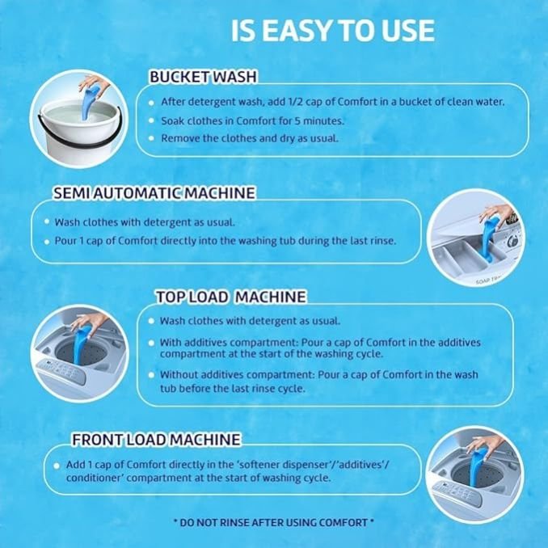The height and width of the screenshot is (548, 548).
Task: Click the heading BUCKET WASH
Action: pyautogui.click(x=203, y=77)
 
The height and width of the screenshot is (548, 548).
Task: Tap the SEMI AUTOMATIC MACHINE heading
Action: pyautogui.click(x=154, y=193)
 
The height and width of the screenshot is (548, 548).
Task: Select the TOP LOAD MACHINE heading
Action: pyautogui.click(x=231, y=297)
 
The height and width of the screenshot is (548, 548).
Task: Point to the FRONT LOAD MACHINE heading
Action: pyautogui.click(x=156, y=440)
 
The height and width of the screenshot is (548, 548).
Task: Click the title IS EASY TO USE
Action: pyautogui.click(x=333, y=31)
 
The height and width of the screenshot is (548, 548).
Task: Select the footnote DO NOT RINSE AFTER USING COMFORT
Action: pyautogui.click(x=274, y=523)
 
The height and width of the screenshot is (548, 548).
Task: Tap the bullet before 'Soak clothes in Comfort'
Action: pyautogui.click(x=151, y=120)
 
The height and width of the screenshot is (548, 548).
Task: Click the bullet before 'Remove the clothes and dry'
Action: pyautogui.click(x=151, y=138)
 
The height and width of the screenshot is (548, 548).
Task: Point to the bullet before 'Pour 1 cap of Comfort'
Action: pyautogui.click(x=47, y=242)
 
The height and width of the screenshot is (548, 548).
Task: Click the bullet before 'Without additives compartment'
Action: pyautogui.click(x=151, y=375)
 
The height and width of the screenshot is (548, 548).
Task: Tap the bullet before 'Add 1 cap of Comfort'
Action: pyautogui.click(x=57, y=466)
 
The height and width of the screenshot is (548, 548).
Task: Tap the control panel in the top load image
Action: pyautogui.click(x=62, y=371)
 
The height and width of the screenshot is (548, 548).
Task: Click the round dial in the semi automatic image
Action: pyautogui.click(x=512, y=241)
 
